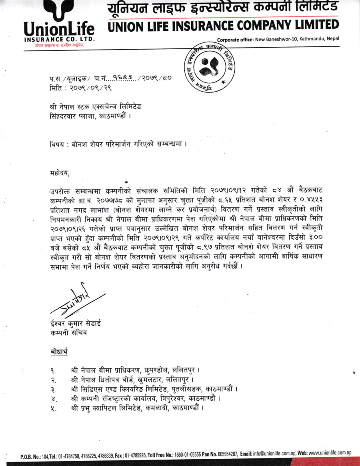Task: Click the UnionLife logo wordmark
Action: (59, 30)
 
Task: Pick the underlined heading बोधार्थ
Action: (60, 352)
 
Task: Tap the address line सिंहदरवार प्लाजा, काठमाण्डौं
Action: (89, 116)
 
